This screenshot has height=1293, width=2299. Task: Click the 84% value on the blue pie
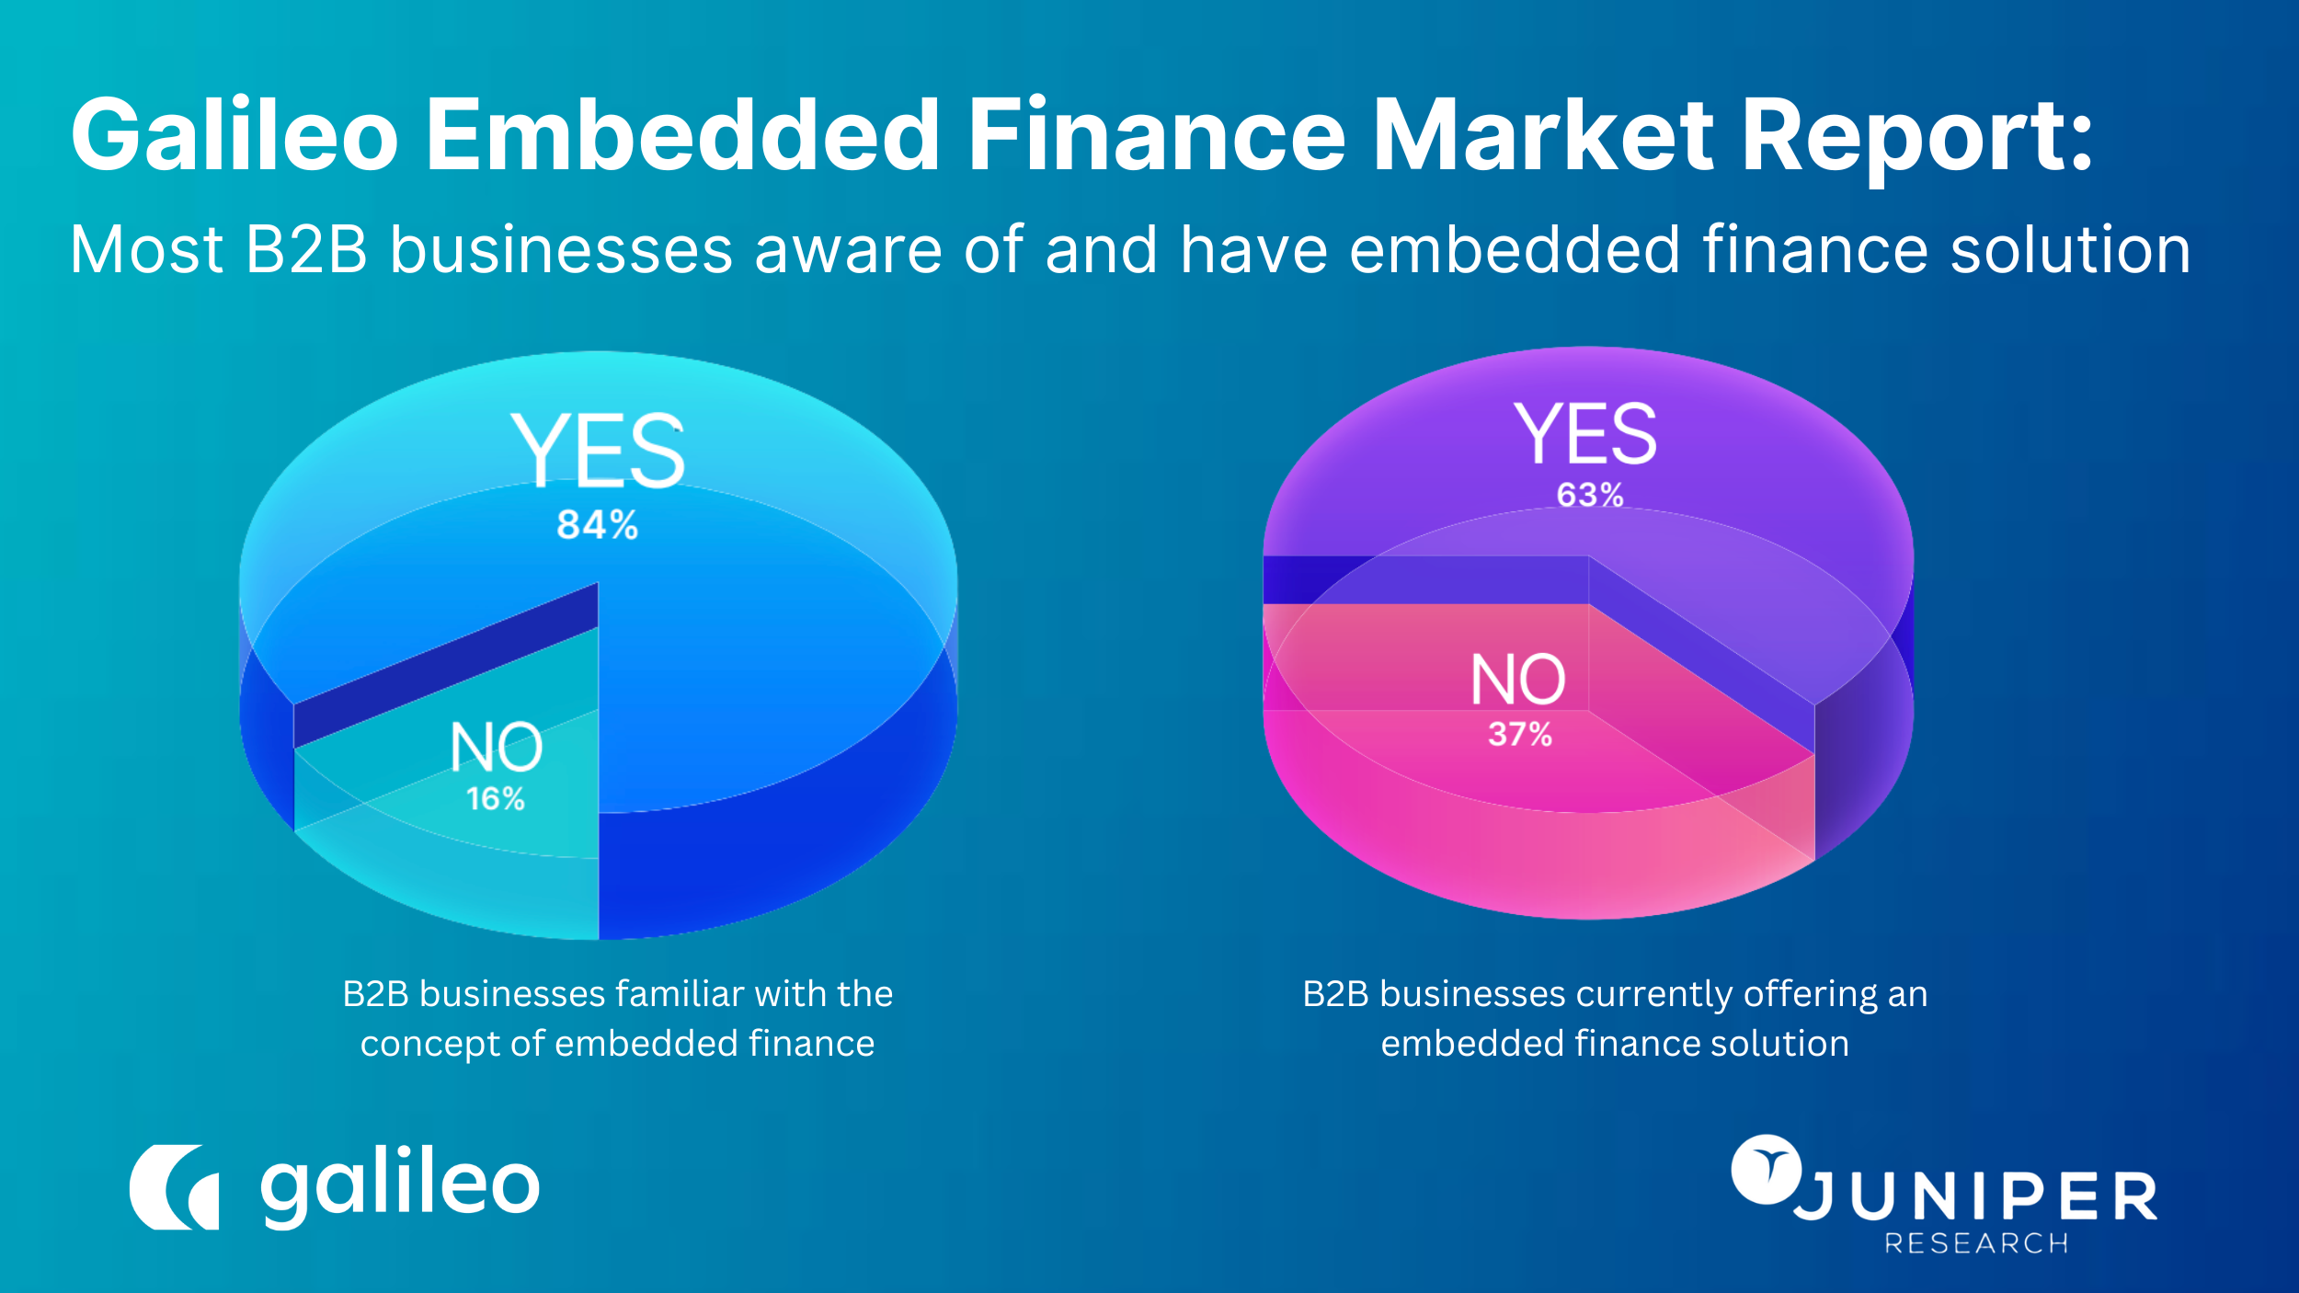click(597, 525)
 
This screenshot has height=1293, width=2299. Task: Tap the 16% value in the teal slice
click(495, 798)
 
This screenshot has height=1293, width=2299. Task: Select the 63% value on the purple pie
click(1589, 495)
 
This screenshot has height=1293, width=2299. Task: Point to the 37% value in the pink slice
click(1519, 734)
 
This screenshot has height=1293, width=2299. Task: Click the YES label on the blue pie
click(598, 451)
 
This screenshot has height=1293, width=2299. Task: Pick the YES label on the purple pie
click(1585, 434)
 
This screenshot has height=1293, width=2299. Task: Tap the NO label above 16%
click(496, 747)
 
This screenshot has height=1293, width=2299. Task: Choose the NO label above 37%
click(1517, 680)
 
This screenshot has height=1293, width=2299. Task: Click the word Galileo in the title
click(234, 136)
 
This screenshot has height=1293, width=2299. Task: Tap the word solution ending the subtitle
click(2070, 250)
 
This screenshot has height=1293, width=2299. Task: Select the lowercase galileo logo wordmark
click(400, 1186)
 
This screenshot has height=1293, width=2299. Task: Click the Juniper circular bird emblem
click(1766, 1169)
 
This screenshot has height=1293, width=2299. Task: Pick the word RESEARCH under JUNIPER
click(1976, 1243)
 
